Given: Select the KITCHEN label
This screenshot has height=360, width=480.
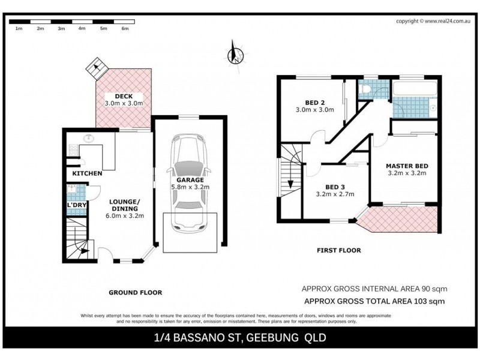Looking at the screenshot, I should [x=87, y=173].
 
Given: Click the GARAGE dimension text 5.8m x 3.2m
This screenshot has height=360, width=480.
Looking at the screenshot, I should [x=190, y=187].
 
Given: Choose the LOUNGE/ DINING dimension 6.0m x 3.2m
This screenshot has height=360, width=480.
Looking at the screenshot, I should [x=125, y=216].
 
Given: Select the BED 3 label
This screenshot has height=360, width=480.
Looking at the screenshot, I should [x=334, y=186].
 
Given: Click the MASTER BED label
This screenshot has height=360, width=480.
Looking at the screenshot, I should [x=406, y=166].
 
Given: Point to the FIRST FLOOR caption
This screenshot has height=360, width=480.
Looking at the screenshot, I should [x=340, y=251].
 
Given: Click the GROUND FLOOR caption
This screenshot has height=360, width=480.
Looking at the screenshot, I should [x=135, y=292].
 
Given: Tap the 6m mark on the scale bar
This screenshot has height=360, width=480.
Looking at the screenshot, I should [x=125, y=28].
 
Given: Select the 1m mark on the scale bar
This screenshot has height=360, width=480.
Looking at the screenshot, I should [x=19, y=28].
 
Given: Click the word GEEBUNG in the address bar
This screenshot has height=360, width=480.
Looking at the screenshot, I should [x=274, y=338].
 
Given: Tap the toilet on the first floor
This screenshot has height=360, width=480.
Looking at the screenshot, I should [x=368, y=89].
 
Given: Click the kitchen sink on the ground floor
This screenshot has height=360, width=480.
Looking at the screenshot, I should [x=89, y=139].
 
